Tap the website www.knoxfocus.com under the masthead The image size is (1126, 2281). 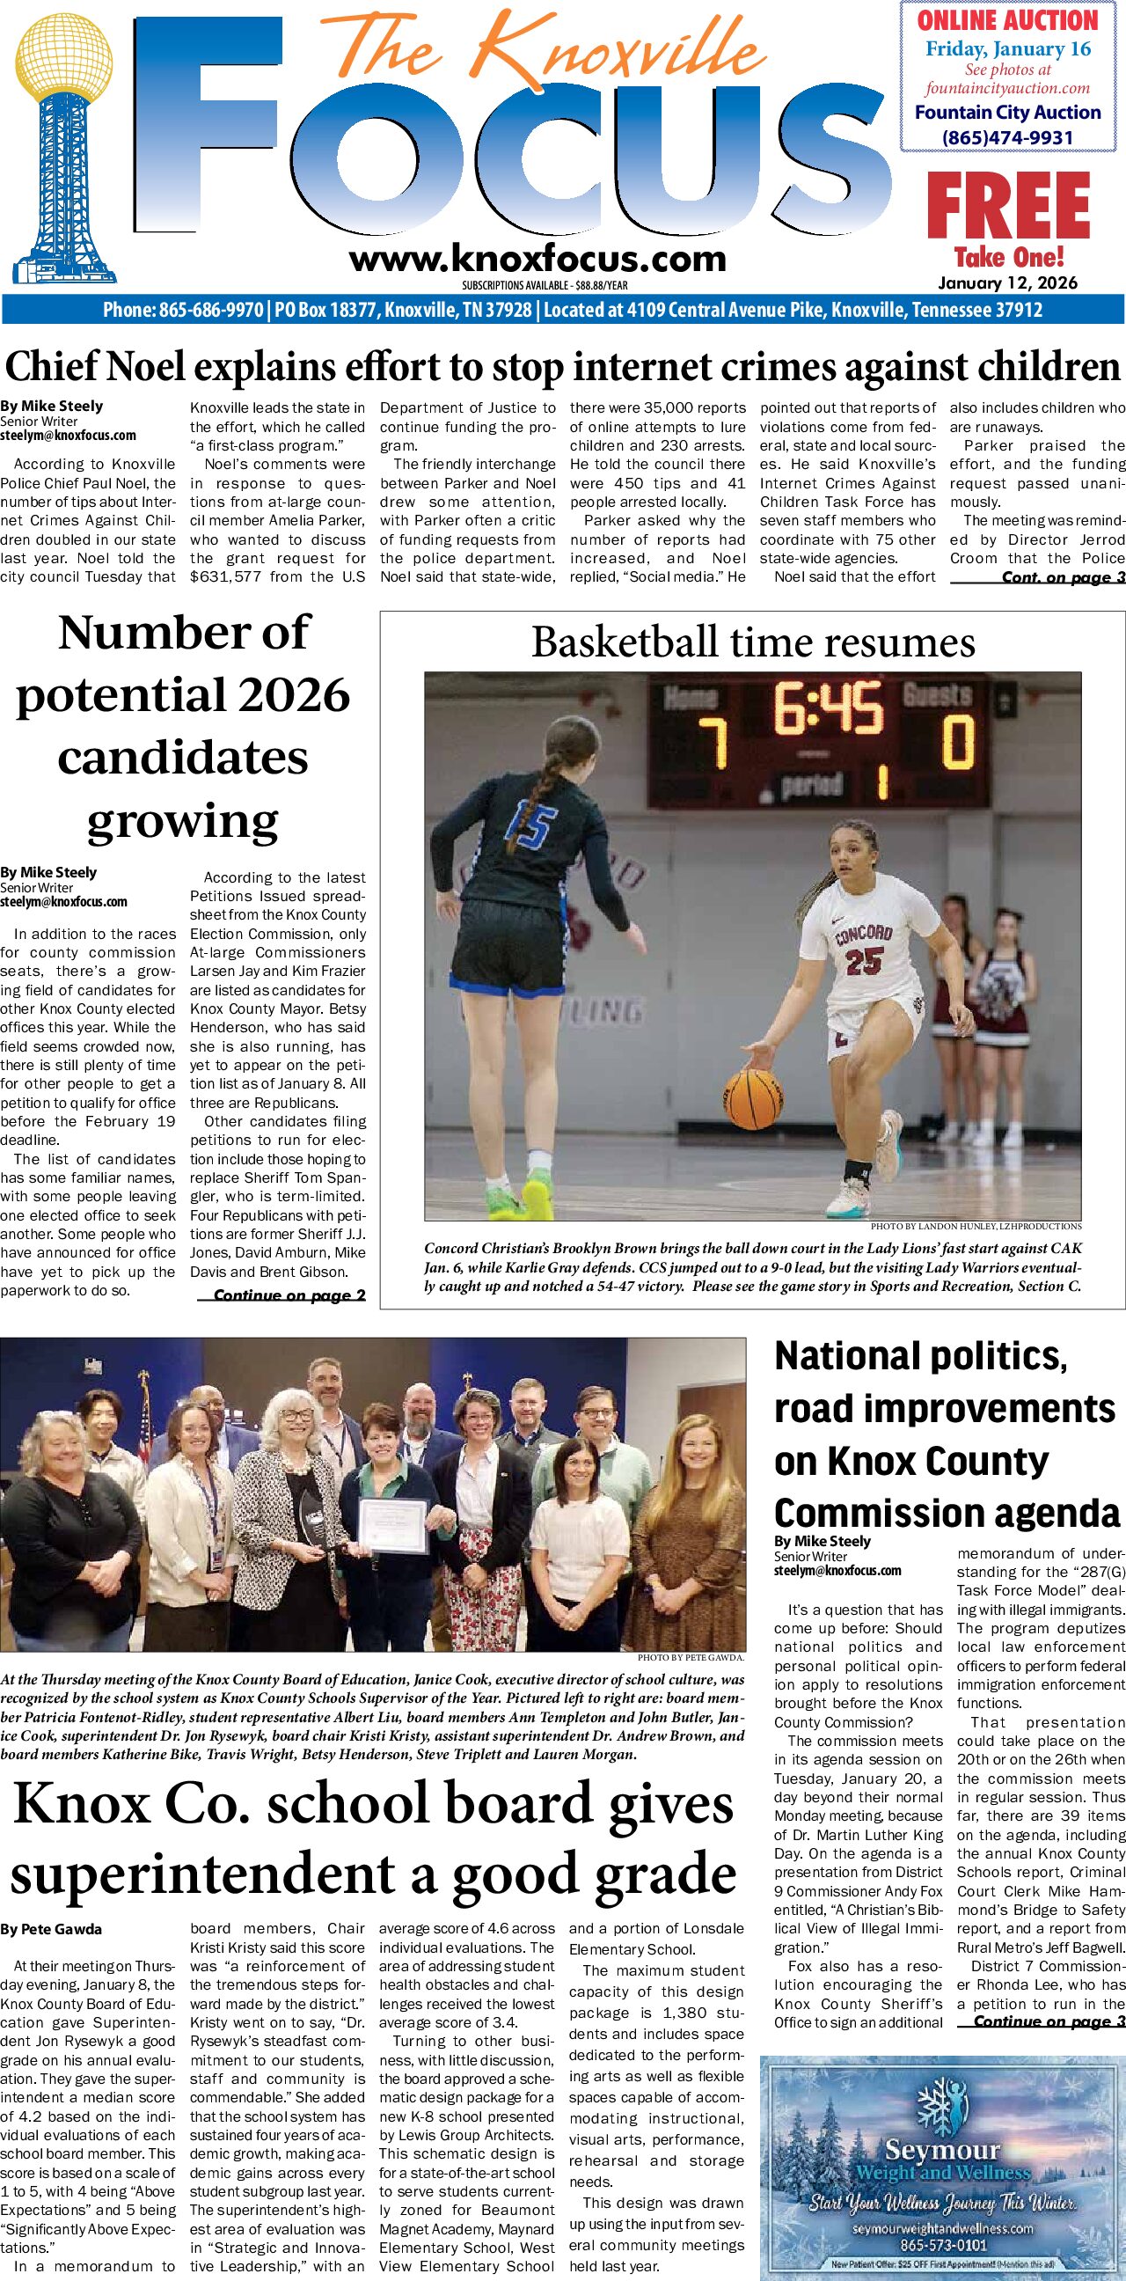(537, 259)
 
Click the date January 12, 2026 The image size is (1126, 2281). (1008, 282)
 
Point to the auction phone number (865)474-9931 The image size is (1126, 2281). (1007, 137)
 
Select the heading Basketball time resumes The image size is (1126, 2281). (752, 642)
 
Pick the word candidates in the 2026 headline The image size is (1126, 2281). (182, 758)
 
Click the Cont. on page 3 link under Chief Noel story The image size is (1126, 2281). (1063, 577)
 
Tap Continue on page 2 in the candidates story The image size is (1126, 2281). (289, 1295)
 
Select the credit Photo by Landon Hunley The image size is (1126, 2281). (976, 1227)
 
